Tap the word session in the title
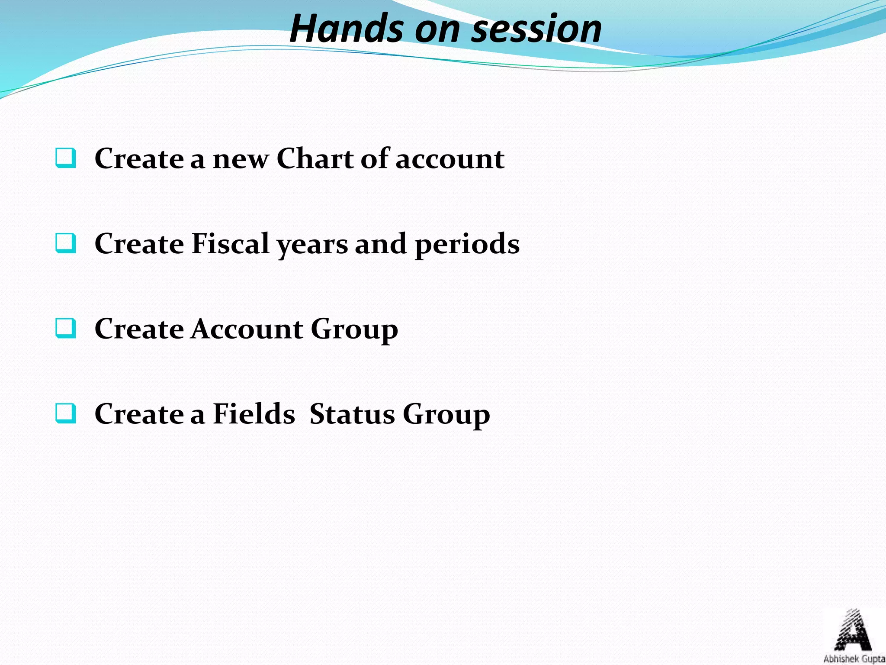point(536,29)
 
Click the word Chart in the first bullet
point(315,158)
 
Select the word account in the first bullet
point(450,159)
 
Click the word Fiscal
point(230,243)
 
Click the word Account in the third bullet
point(247,329)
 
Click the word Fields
point(254,414)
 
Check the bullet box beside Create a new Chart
point(66,158)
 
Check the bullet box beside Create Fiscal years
point(66,243)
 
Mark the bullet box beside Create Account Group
point(66,329)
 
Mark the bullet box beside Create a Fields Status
point(66,413)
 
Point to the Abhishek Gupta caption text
point(854,659)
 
